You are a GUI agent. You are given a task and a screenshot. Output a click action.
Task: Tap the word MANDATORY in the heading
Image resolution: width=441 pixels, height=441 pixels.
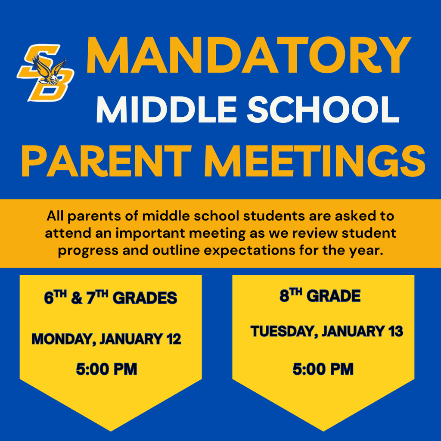248,56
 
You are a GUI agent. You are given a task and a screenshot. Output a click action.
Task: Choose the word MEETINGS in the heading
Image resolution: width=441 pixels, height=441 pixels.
319,161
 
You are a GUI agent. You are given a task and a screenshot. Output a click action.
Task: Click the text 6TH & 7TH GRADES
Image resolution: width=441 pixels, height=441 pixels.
111,298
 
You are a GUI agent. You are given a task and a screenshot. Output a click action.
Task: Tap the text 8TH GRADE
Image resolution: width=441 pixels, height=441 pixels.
320,296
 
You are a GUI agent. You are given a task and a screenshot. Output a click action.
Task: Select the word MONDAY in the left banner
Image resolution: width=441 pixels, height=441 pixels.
62,339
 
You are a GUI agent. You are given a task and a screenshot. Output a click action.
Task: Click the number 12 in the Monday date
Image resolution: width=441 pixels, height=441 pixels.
174,339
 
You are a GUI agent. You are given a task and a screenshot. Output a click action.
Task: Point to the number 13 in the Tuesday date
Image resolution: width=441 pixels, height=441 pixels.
395,332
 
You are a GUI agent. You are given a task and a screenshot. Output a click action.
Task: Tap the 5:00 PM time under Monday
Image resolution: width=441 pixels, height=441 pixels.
106,369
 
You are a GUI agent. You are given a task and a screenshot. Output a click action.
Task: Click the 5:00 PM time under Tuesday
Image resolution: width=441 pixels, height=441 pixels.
323,369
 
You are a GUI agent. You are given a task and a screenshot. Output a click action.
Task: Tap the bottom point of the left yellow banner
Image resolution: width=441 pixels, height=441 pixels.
111,430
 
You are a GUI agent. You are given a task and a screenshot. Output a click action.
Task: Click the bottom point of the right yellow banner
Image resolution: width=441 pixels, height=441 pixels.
323,430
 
